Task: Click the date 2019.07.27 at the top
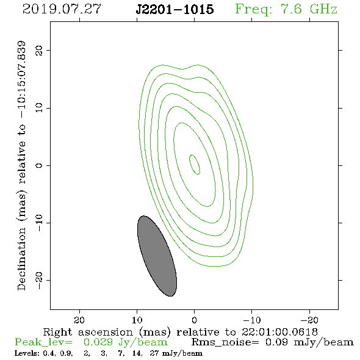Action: tap(62, 9)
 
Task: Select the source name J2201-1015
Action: tap(175, 9)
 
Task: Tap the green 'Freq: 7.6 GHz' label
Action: tap(286, 9)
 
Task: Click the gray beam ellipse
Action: tap(157, 256)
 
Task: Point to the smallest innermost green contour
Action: tap(195, 164)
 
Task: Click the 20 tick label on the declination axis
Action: tap(39, 50)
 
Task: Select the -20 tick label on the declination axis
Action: tap(39, 281)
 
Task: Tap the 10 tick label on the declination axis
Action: tap(39, 107)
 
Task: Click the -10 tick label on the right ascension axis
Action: tap(251, 320)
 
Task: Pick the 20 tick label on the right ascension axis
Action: tap(79, 320)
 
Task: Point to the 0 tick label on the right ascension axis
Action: tap(194, 320)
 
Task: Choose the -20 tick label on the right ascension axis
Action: tap(309, 320)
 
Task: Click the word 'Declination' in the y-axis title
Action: tap(21, 259)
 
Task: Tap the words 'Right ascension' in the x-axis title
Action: tap(88, 332)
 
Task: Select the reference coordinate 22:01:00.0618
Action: tap(279, 332)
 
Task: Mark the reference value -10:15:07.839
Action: tap(21, 79)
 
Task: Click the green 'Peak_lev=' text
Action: tap(43, 342)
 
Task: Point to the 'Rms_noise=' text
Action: tap(225, 342)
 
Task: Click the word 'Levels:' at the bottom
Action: tap(27, 353)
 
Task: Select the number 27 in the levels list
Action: tap(154, 353)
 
